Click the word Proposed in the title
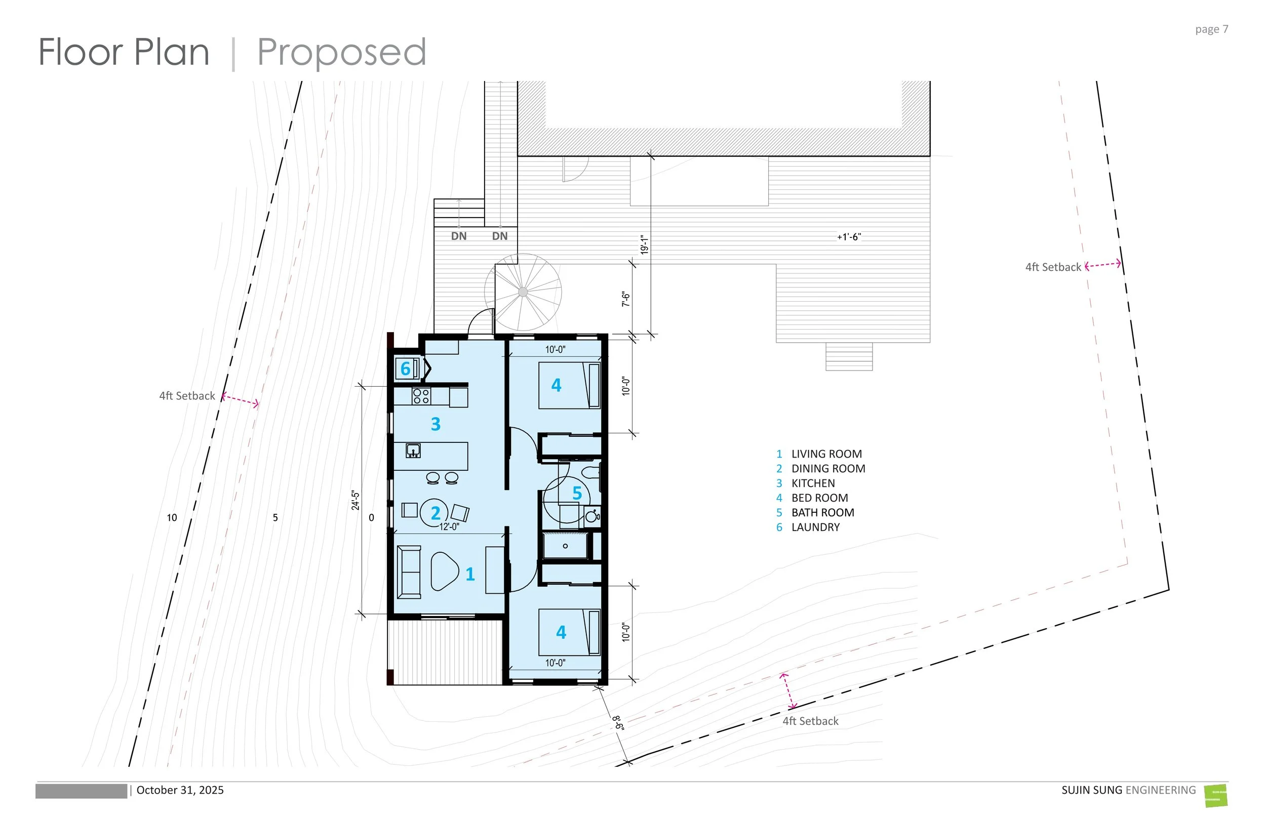(x=341, y=53)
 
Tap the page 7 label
(x=1211, y=29)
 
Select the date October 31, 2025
(x=180, y=790)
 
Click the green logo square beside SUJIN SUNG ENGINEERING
(x=1215, y=796)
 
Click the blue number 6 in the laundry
(x=405, y=368)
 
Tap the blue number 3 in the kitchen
(x=436, y=424)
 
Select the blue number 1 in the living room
(x=470, y=574)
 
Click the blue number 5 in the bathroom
(x=577, y=493)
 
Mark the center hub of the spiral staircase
(x=523, y=292)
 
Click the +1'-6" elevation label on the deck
(x=849, y=237)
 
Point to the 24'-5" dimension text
(x=355, y=501)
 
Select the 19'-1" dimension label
(x=644, y=244)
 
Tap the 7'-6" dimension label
(x=625, y=299)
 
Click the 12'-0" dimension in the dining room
(x=449, y=526)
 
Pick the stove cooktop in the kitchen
(x=421, y=396)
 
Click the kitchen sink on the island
(x=413, y=451)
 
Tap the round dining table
(x=434, y=513)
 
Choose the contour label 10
(x=172, y=517)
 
